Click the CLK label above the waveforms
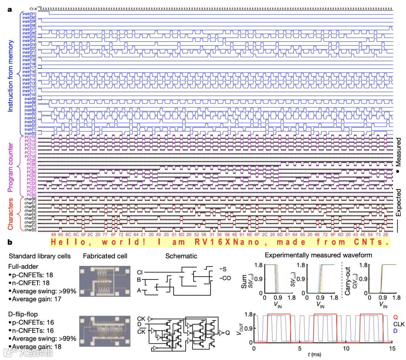click(x=33, y=8)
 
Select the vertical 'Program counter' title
click(x=11, y=164)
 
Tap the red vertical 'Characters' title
click(x=11, y=214)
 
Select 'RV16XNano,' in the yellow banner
click(x=218, y=242)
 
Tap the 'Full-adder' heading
click(x=21, y=266)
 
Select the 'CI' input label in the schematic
click(x=140, y=272)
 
